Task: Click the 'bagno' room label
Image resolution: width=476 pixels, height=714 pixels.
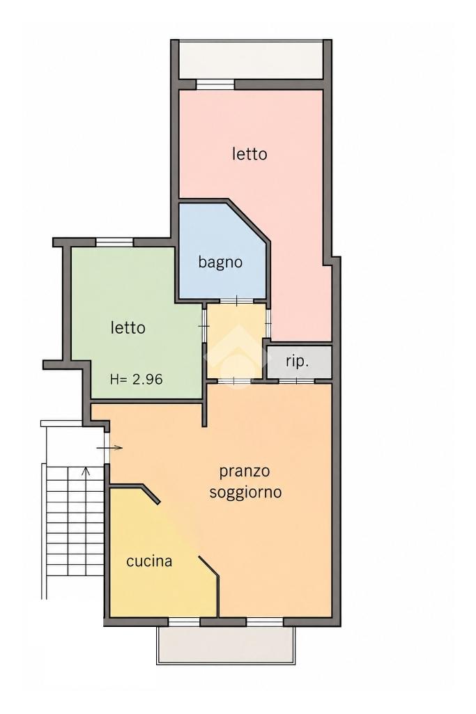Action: (220, 263)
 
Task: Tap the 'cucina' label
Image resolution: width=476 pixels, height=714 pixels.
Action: (149, 561)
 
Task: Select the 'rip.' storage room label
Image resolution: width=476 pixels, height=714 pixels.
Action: (298, 362)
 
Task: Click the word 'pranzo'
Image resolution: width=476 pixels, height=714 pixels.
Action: (245, 472)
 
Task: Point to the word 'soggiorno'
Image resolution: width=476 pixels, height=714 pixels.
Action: (245, 492)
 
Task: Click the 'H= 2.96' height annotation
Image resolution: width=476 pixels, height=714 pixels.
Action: (136, 379)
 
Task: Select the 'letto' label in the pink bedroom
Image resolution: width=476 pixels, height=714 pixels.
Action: (249, 154)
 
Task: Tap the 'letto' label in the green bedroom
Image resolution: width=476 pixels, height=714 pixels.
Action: (128, 328)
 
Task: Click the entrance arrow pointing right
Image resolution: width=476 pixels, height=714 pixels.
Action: (110, 448)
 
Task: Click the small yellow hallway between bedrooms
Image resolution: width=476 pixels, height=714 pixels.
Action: (236, 341)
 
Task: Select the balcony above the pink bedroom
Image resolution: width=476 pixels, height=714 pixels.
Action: (251, 60)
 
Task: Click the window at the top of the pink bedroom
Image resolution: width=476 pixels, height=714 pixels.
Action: (215, 85)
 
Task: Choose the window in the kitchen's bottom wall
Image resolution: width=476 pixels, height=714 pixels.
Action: (184, 622)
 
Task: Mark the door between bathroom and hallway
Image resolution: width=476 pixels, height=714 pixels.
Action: (237, 300)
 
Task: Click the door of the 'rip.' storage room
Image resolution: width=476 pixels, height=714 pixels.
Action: (296, 380)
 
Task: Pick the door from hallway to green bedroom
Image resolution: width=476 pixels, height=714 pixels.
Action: (204, 327)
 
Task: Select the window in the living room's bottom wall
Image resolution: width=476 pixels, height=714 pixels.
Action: (265, 622)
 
